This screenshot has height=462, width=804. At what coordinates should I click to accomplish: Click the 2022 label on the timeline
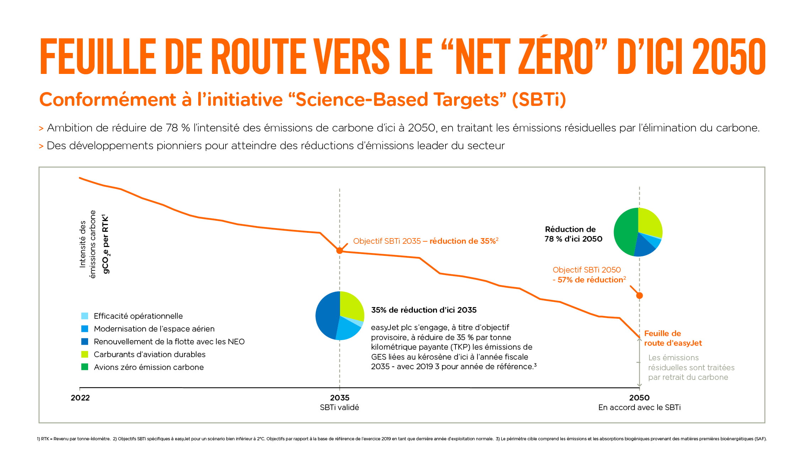(x=80, y=398)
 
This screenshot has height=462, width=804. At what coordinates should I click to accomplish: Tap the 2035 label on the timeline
(x=340, y=398)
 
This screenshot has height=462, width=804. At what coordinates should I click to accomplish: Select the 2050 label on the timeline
(x=639, y=398)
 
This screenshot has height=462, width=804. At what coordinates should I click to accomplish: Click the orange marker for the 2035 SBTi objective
(x=340, y=251)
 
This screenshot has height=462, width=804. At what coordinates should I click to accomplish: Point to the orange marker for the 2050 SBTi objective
(x=640, y=295)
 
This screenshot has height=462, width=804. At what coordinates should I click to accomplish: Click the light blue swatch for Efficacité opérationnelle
(x=85, y=316)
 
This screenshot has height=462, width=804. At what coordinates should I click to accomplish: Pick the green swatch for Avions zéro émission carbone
(x=85, y=367)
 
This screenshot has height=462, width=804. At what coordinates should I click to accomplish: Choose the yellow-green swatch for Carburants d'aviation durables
(x=85, y=354)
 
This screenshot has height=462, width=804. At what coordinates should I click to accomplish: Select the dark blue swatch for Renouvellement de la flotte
(x=85, y=342)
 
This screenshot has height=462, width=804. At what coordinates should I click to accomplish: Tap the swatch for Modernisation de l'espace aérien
(x=85, y=329)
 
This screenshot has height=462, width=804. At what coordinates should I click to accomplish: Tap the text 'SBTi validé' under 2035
(x=339, y=407)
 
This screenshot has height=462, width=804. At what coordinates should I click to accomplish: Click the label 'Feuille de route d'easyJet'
(x=673, y=338)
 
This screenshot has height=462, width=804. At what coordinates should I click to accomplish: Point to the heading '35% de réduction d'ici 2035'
(x=424, y=310)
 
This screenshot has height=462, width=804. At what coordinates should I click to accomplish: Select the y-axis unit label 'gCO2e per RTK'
(x=106, y=244)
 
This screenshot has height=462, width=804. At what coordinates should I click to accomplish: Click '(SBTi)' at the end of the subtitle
(x=539, y=100)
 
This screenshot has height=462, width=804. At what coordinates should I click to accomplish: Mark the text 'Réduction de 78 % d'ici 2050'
(x=573, y=234)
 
